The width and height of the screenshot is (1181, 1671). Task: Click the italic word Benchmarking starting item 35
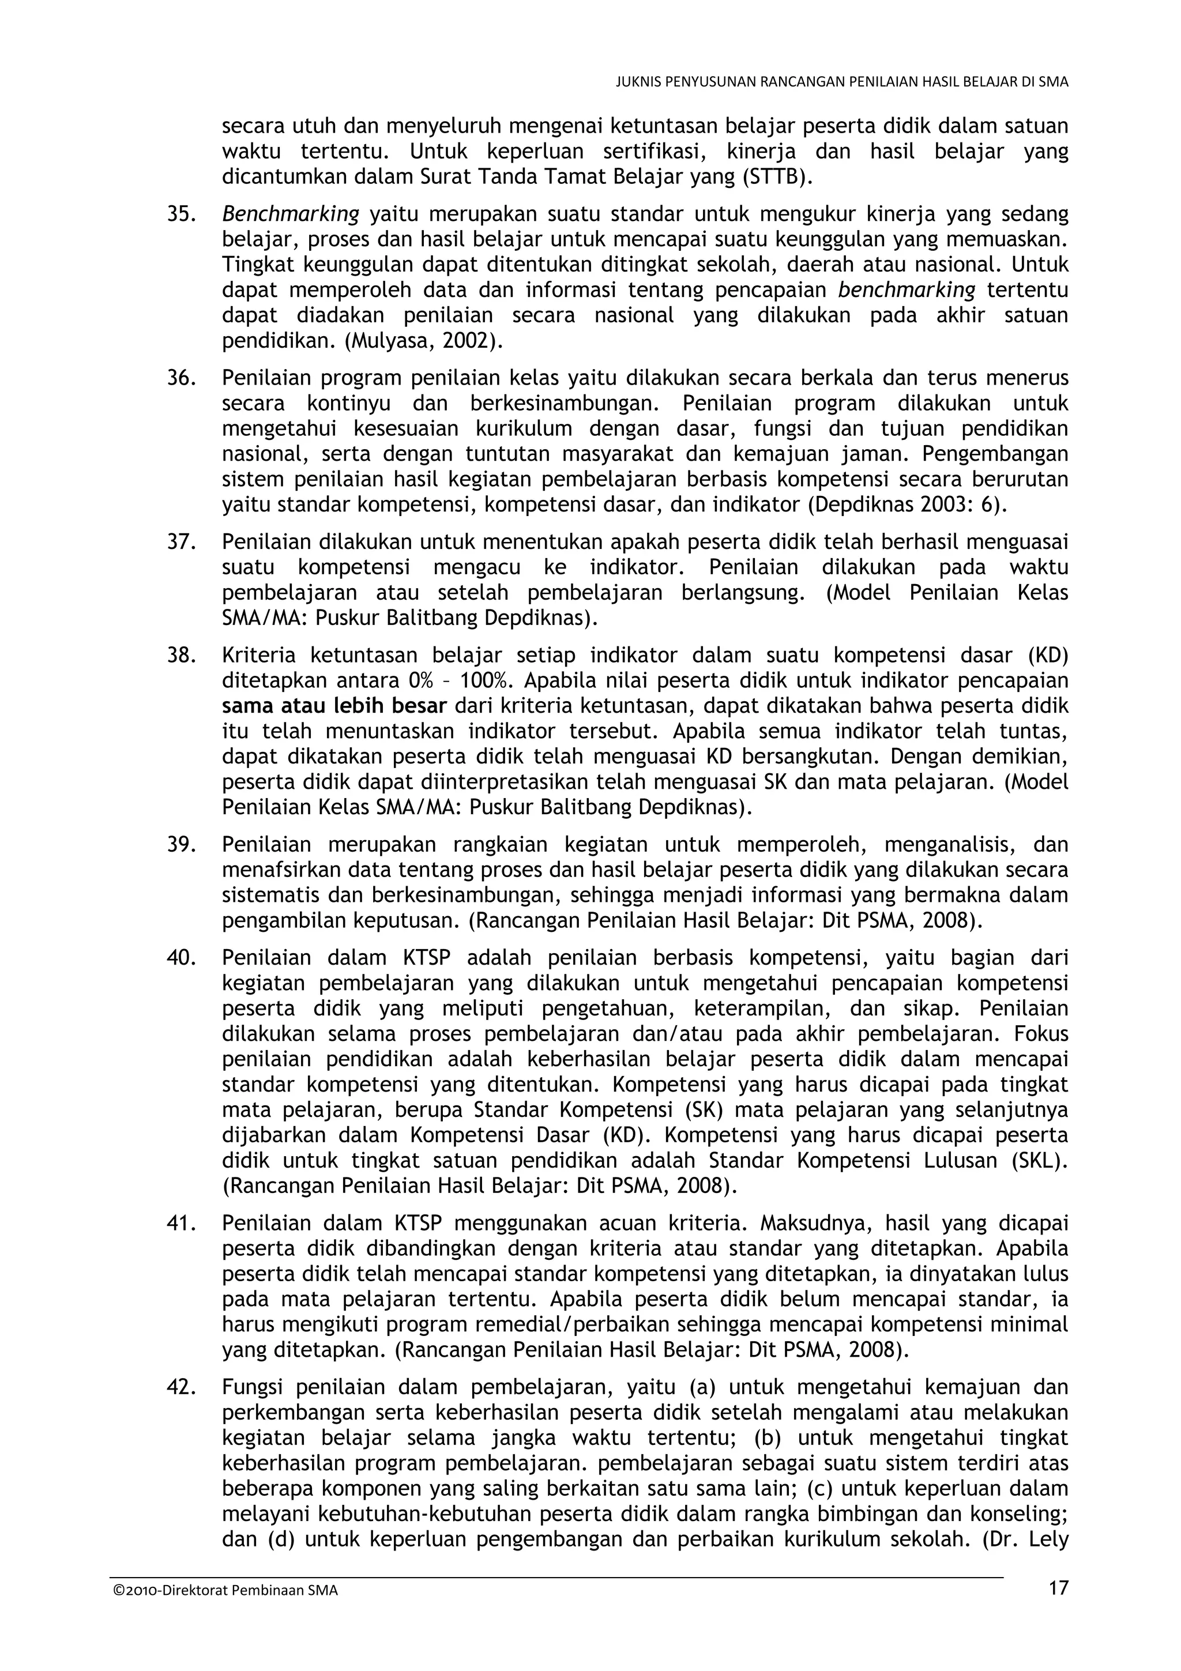pyautogui.click(x=290, y=214)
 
